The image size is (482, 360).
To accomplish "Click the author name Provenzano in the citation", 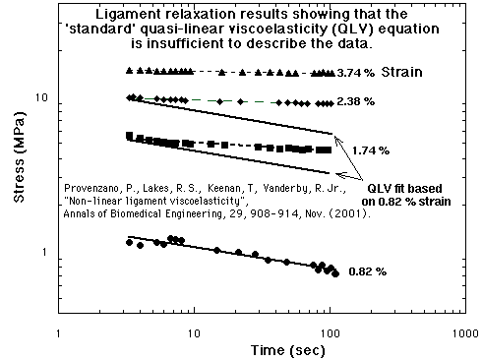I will pyautogui.click(x=97, y=187).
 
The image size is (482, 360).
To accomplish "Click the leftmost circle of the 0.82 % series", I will pyautogui.click(x=130, y=241).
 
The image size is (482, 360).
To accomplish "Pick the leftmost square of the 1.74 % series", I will pyautogui.click(x=130, y=136).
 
